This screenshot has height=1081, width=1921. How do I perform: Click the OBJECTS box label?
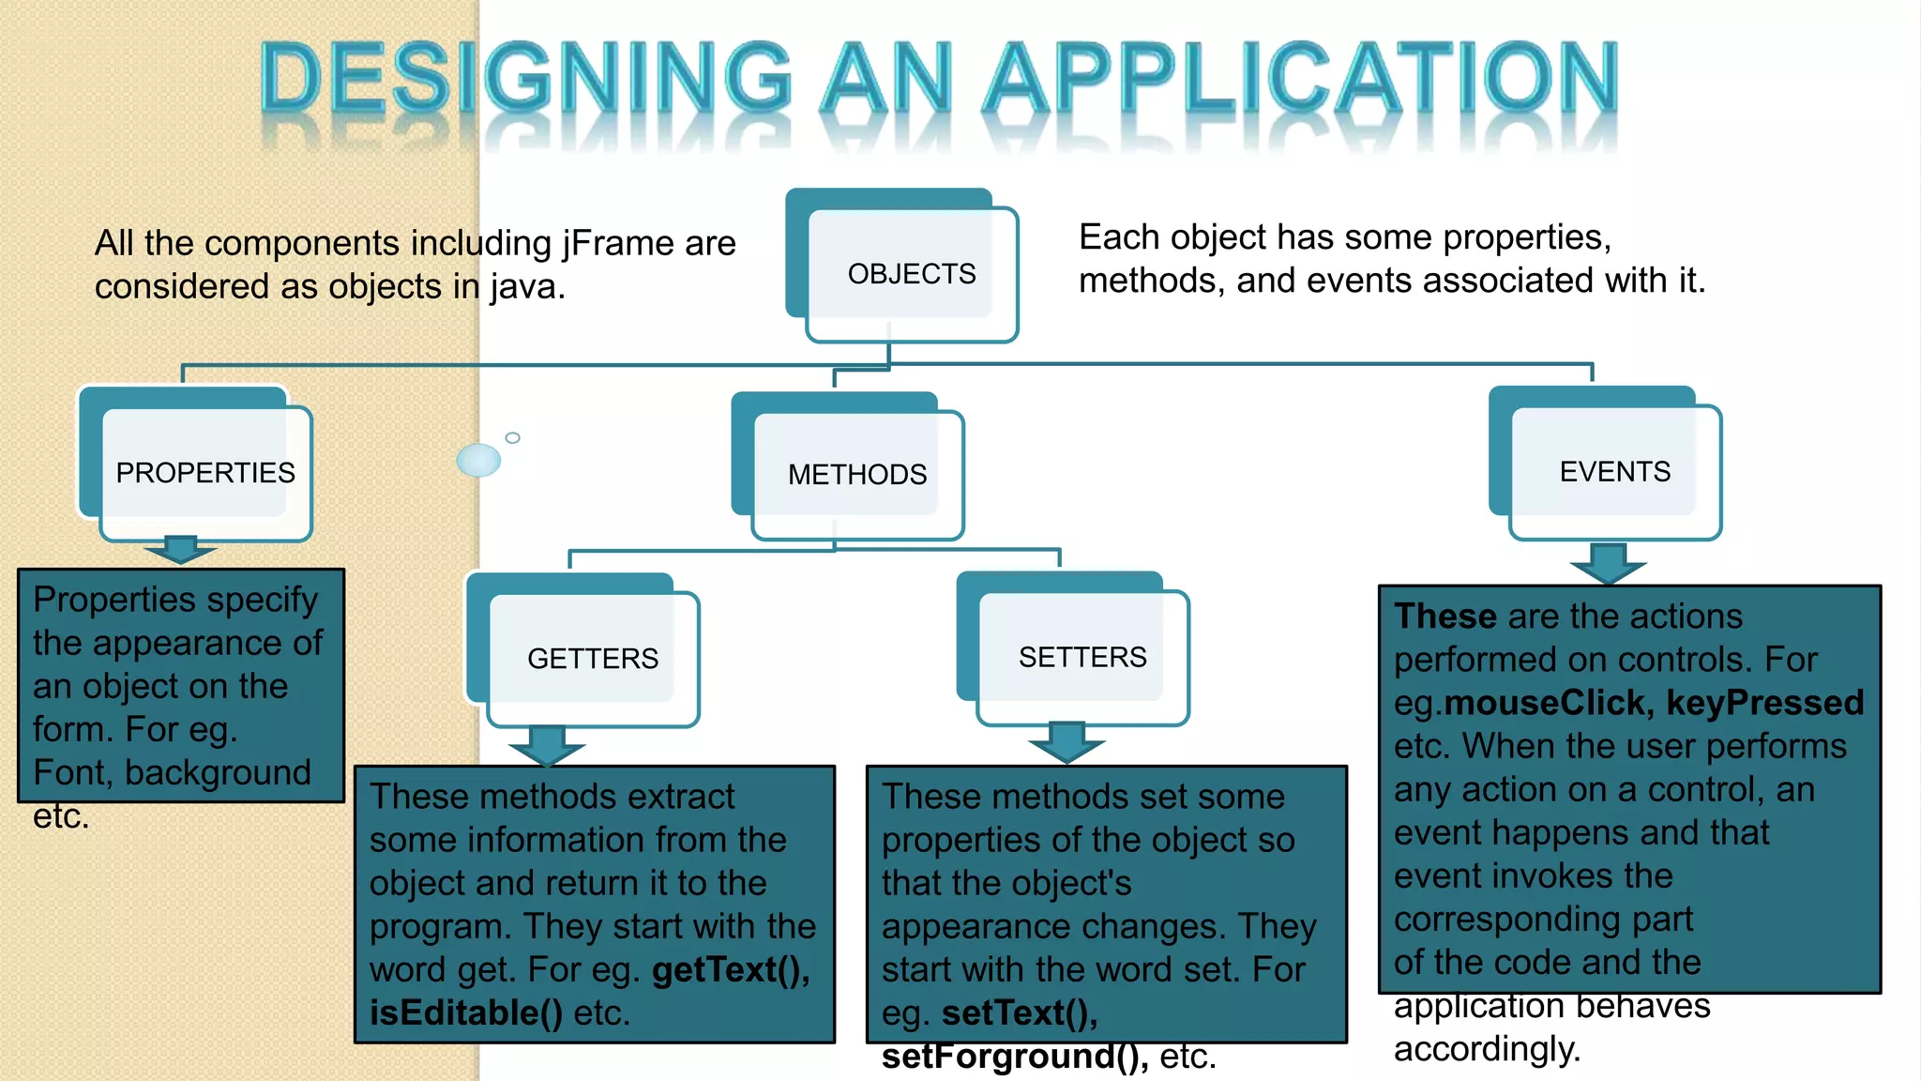(912, 274)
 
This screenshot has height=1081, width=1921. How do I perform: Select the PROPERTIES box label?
(205, 473)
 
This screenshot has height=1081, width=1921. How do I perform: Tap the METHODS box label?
(857, 475)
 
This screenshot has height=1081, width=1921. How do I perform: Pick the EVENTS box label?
(1615, 472)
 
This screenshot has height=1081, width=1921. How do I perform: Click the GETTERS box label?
(593, 659)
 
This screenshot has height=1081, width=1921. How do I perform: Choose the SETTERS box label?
(1082, 657)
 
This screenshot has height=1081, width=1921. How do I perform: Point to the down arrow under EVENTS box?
(1609, 563)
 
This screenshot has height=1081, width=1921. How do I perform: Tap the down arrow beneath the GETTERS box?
(547, 746)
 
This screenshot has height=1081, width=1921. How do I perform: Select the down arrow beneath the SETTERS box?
(1066, 742)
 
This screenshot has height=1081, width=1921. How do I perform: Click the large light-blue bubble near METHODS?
(478, 460)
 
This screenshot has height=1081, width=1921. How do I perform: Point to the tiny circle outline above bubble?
(512, 437)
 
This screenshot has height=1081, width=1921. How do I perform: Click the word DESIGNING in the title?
(525, 79)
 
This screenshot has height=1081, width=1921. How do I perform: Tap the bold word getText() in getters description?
(731, 970)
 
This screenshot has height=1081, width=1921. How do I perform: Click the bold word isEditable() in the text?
(466, 1013)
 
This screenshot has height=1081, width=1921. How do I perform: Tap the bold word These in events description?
(1445, 617)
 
